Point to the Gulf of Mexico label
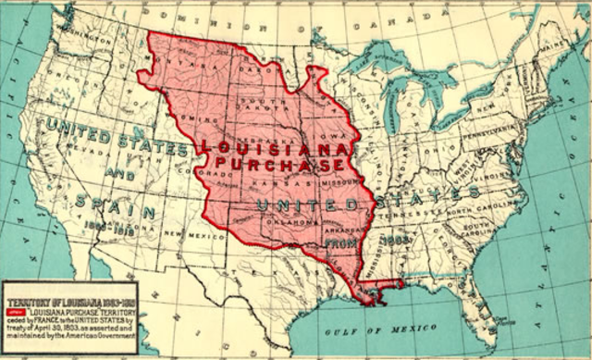pos(371,330)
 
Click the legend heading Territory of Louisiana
pos(68,303)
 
